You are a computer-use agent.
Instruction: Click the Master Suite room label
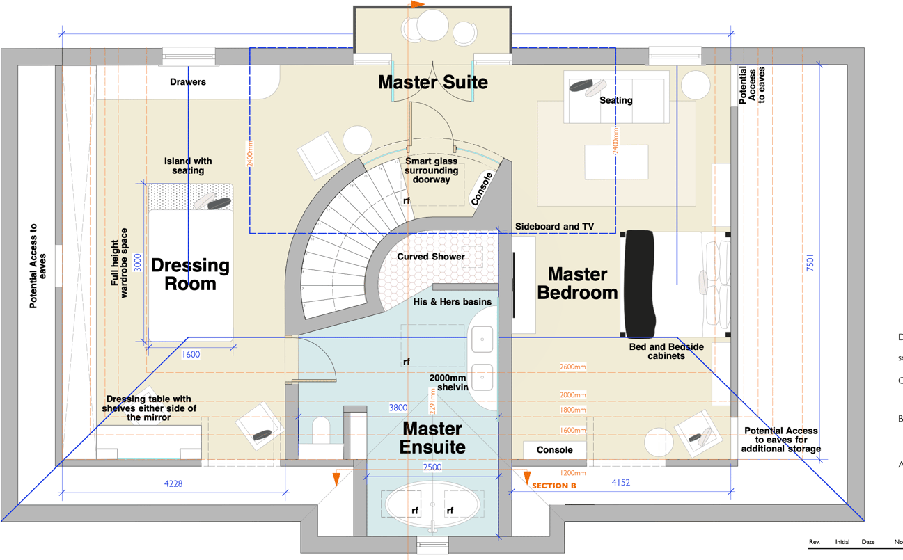(432, 82)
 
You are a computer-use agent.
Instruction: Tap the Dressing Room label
(189, 274)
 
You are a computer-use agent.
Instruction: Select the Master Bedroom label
(577, 283)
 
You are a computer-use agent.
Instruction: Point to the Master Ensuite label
(432, 437)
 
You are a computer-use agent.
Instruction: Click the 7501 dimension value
(810, 263)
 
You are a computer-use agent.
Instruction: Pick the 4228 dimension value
(173, 483)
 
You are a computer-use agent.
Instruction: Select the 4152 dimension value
(620, 482)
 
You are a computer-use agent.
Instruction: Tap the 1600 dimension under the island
(191, 354)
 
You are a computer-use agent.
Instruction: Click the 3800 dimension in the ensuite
(398, 408)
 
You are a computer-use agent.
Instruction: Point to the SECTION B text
(554, 486)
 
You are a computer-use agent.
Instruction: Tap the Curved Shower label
(431, 257)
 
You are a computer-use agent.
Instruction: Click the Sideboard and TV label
(555, 226)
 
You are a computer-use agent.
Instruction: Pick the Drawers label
(188, 81)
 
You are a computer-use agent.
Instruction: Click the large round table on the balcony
(432, 26)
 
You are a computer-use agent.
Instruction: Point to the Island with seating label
(188, 166)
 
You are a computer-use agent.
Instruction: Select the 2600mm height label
(572, 367)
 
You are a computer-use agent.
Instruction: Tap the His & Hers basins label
(452, 301)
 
